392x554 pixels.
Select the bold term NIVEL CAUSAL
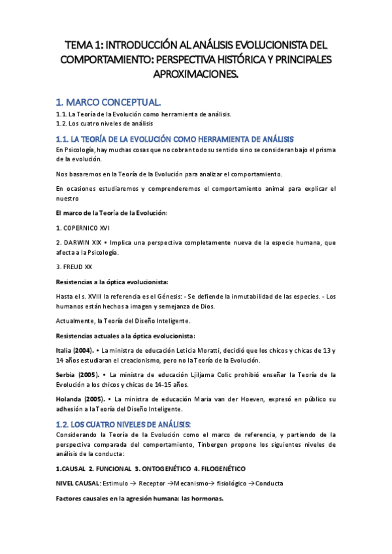click(78, 485)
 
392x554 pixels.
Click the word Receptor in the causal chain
click(152, 485)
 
